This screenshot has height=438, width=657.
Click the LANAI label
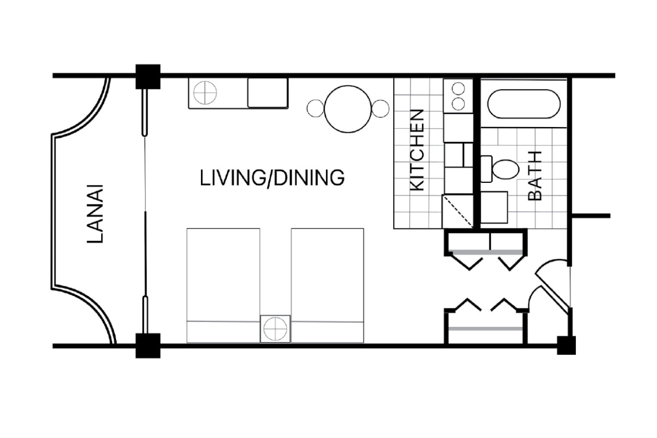95,213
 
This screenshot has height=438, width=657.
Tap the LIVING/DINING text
272,178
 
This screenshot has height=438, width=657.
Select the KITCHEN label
417,150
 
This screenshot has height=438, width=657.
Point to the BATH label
534,176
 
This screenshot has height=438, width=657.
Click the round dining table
348,109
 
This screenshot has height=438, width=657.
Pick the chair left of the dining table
316,109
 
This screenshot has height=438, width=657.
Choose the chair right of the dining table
380,109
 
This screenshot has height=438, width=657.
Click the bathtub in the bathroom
524,104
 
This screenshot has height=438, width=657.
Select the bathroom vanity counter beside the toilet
494,207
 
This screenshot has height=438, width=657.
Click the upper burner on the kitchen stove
458,88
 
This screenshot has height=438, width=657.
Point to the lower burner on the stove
458,104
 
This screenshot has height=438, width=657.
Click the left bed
223,285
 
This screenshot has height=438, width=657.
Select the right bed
327,285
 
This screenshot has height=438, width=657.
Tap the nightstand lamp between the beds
275,329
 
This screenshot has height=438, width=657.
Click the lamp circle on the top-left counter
205,93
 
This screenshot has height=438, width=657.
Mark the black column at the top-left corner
148,76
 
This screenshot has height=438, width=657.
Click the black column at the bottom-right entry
566,345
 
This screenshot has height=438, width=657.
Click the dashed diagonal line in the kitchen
458,212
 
